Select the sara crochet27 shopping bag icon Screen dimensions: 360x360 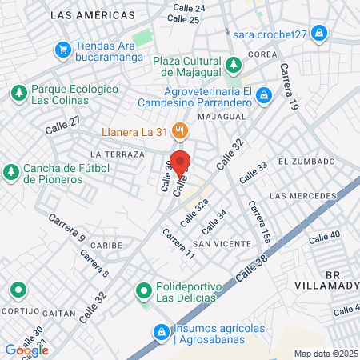click(x=319, y=33)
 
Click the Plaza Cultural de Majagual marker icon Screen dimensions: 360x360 click(x=233, y=64)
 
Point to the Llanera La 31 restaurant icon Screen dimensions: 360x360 click(x=180, y=130)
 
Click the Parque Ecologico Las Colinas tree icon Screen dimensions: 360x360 click(x=18, y=94)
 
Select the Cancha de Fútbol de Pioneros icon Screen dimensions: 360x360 click(x=11, y=172)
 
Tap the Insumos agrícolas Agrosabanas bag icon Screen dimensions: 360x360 click(x=161, y=330)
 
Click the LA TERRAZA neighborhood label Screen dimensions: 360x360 click(x=118, y=154)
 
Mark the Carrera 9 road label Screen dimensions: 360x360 click(x=66, y=227)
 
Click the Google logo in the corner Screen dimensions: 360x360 click(x=26, y=350)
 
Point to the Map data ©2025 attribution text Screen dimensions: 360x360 click(x=324, y=354)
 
